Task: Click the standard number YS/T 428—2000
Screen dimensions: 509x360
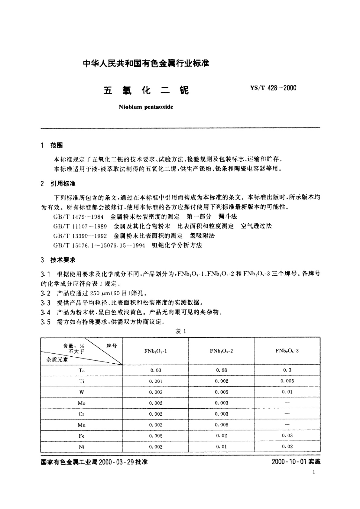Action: pos(273,88)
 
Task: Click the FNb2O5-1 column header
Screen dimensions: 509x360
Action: pos(155,351)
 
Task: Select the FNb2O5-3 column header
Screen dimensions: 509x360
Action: pos(287,351)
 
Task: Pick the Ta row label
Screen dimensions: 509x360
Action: pos(82,370)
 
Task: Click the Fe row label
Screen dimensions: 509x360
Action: pos(82,436)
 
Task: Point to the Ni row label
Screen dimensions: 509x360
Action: pos(82,447)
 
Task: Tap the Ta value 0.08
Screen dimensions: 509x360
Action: pos(222,370)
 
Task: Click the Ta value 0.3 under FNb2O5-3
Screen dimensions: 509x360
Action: pos(287,370)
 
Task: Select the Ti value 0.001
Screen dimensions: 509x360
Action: pos(156,381)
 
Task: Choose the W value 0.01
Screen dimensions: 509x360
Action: pos(287,392)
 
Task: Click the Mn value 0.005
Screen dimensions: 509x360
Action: pos(222,425)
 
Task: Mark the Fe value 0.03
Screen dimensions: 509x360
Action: pos(287,436)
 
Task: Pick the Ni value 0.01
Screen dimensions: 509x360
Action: pos(222,446)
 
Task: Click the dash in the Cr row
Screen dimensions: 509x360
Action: pos(287,413)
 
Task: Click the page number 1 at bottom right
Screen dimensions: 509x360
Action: pos(314,472)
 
